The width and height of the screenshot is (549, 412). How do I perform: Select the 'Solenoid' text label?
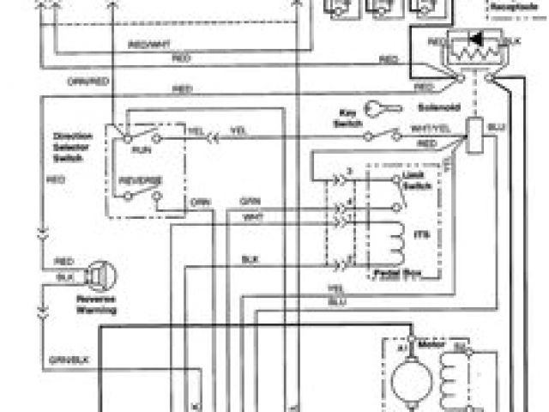pyautogui.click(x=427, y=109)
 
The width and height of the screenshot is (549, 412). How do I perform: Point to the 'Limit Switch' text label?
pyautogui.click(x=414, y=179)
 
